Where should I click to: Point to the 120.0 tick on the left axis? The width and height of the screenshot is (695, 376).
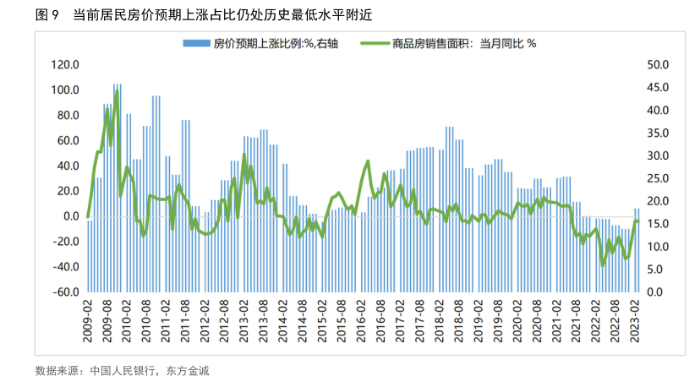tap(65, 65)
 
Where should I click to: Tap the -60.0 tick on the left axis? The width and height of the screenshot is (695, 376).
tap(65, 292)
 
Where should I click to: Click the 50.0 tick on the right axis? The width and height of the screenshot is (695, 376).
tap(657, 65)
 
